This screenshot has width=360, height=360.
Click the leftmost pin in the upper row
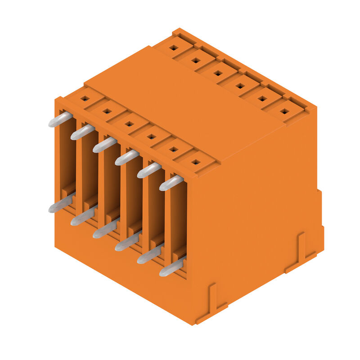(x=60, y=120)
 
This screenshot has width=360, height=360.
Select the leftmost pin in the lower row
(x=60, y=205)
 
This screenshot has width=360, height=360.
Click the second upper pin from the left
(x=82, y=132)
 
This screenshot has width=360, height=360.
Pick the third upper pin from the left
(x=104, y=145)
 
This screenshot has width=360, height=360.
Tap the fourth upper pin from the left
(x=126, y=157)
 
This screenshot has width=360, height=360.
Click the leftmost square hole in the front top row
(x=84, y=98)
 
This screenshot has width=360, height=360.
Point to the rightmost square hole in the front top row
(x=195, y=162)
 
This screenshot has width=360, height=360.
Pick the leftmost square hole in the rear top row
(x=174, y=46)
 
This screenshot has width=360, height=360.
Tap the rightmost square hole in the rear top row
(x=285, y=111)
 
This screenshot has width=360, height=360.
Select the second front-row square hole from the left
(x=106, y=110)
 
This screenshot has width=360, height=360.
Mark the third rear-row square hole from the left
(x=218, y=72)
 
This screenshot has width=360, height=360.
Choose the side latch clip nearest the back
(x=300, y=250)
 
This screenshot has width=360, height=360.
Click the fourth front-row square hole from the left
(x=151, y=136)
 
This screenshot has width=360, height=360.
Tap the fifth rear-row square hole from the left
(x=262, y=98)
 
